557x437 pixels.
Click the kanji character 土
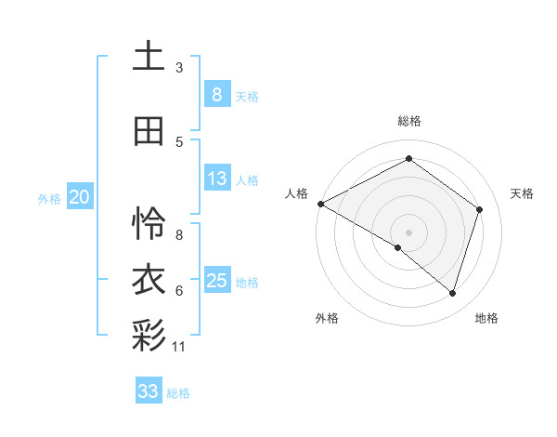point(149,56)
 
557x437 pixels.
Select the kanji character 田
point(149,131)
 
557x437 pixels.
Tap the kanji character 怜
point(149,222)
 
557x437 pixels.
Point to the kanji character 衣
point(149,279)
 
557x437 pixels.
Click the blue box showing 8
point(216,94)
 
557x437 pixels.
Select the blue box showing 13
point(216,179)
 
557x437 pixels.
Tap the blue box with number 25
point(216,281)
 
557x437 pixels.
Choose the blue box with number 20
point(80,197)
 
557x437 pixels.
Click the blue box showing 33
point(148,391)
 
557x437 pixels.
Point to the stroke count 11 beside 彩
point(179,346)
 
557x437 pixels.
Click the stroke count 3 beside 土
point(179,67)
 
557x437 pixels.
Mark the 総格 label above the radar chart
point(408,121)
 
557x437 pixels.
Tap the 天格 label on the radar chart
point(522,193)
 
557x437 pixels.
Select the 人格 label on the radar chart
point(296,193)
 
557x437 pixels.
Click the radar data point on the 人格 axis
point(320,204)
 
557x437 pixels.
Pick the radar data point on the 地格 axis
point(452,293)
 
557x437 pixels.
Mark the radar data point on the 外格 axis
point(398,247)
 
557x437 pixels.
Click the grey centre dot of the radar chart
point(408,232)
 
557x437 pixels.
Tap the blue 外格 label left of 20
point(49,198)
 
